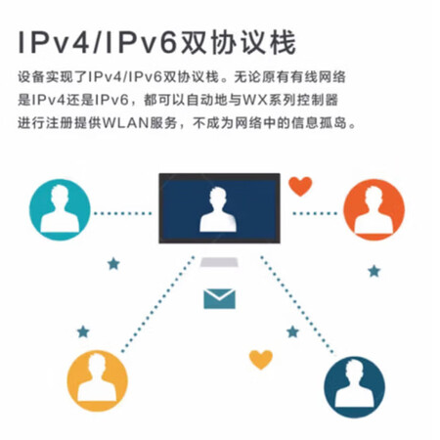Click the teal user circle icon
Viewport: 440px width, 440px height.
pyautogui.click(x=60, y=210)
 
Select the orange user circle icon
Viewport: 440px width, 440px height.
pyautogui.click(x=374, y=210)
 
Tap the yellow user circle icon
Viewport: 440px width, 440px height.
pyautogui.click(x=98, y=381)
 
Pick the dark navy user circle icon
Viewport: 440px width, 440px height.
pyautogui.click(x=354, y=387)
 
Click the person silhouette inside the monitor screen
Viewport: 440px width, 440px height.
pyautogui.click(x=218, y=210)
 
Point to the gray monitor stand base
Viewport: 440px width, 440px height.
pyautogui.click(x=219, y=262)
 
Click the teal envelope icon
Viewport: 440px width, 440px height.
pyautogui.click(x=219, y=298)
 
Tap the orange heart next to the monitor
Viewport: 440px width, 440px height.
pyautogui.click(x=300, y=187)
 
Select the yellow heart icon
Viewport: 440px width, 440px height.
pyautogui.click(x=261, y=360)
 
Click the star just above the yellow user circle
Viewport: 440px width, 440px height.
pyautogui.click(x=83, y=331)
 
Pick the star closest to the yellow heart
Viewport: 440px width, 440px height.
pyautogui.click(x=292, y=331)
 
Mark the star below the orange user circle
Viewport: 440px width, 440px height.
pyautogui.click(x=374, y=271)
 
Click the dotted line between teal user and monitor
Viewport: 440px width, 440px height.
pyautogui.click(x=123, y=213)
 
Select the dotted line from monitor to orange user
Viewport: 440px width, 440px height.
pyautogui.click(x=315, y=213)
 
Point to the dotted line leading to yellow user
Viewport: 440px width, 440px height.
pyautogui.click(x=158, y=304)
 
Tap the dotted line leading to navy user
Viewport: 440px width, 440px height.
pyautogui.click(x=297, y=305)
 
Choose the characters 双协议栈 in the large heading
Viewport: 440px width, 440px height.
pyautogui.click(x=238, y=43)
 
